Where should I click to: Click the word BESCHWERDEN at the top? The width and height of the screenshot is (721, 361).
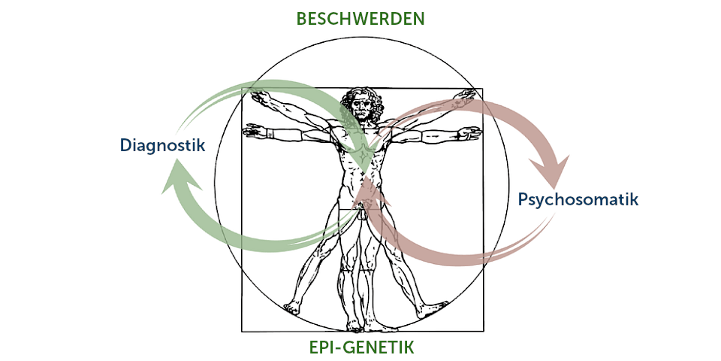[x=360, y=19]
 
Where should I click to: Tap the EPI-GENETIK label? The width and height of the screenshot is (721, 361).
[x=361, y=347]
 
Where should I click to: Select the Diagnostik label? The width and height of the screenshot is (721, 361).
[x=161, y=145]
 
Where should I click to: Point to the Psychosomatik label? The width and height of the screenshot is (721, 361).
[x=578, y=200]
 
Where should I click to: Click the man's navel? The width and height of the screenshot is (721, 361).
[x=363, y=178]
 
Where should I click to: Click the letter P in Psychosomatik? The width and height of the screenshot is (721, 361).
[x=523, y=200]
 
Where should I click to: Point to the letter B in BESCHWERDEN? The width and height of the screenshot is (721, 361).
[x=302, y=19]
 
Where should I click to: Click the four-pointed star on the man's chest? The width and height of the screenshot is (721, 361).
[x=362, y=154]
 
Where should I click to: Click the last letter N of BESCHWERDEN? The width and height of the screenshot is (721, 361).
[x=419, y=19]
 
